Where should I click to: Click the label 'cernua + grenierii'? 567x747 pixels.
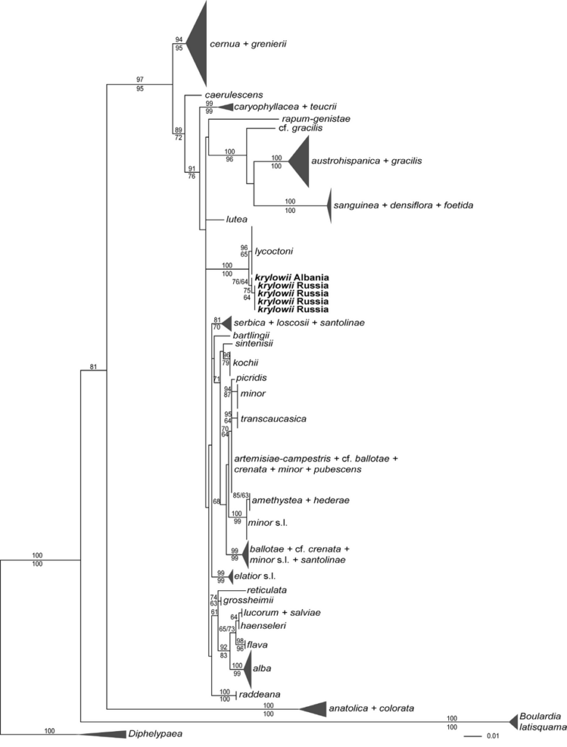pos(248,44)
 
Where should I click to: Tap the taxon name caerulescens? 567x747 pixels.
pos(233,95)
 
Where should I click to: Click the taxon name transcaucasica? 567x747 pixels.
pos(273,419)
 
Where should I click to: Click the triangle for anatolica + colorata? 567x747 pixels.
pos(313,708)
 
